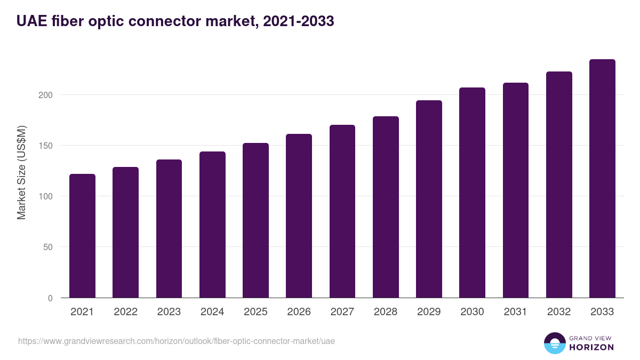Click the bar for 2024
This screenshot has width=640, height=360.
point(212,225)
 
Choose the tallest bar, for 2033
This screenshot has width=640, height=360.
point(602,179)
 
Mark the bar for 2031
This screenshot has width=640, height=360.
point(516,190)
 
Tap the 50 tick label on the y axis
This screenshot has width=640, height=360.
point(49,247)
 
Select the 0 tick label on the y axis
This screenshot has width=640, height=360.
point(51,298)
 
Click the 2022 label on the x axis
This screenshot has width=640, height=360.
point(125,312)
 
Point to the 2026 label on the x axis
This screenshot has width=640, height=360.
point(299,312)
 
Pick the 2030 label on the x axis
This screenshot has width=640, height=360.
point(472,312)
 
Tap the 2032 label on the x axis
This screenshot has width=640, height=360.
point(559,312)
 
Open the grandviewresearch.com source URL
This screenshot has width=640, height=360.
point(177,341)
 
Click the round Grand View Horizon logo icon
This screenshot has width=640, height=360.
point(554,343)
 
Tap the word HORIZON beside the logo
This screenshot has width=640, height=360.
point(591,347)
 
